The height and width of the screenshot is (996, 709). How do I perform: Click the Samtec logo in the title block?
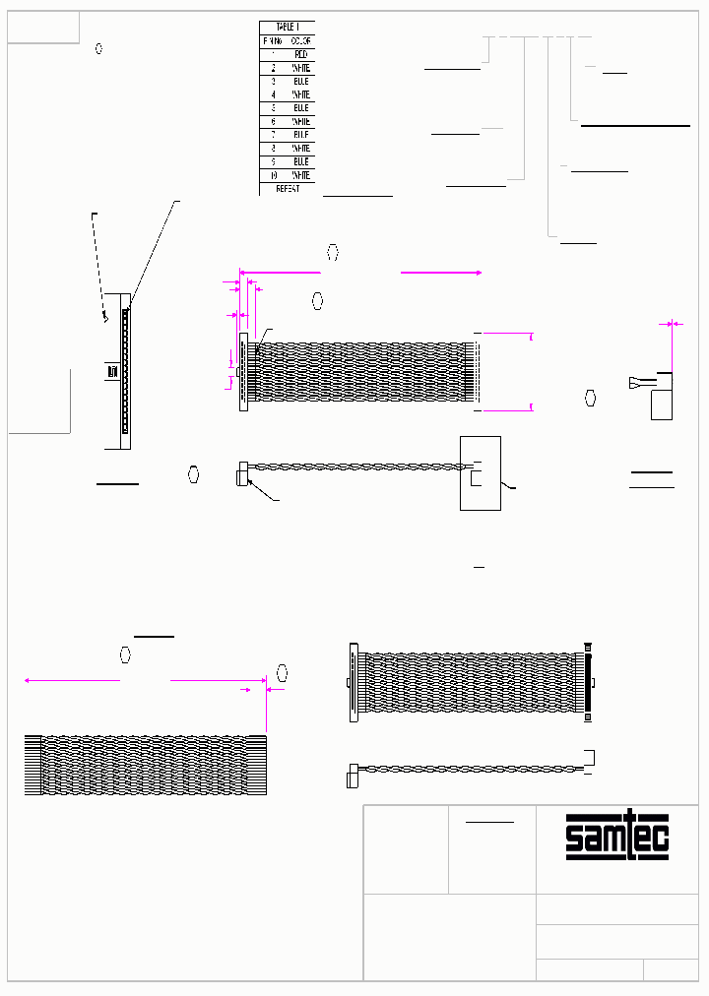pos(616,837)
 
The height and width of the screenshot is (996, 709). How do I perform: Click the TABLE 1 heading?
pos(287,28)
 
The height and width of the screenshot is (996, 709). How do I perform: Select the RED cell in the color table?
pos(300,54)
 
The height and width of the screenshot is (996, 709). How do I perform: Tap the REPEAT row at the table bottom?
pos(287,188)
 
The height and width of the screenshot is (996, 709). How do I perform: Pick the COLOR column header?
pos(300,41)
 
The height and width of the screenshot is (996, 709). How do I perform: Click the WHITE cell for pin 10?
pos(300,175)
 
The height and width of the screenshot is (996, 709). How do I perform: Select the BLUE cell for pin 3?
pos(300,82)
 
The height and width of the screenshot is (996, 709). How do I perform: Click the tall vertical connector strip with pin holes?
pos(125,371)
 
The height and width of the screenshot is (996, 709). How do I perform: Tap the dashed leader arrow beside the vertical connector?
pos(98,266)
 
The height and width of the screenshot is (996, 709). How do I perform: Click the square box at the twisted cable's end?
pos(481,473)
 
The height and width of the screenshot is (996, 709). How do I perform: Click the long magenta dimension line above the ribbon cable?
pos(360,273)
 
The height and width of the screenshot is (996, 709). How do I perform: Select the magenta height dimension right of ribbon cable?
pos(532,371)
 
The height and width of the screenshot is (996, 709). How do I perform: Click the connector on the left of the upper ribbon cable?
pos(243,371)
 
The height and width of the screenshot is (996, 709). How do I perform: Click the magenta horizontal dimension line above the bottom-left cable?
pos(144,679)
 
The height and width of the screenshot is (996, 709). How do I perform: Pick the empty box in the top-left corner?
pos(43,28)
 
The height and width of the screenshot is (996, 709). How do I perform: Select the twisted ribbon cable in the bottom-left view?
pos(144,765)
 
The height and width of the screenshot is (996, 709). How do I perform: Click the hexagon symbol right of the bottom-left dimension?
pos(283,673)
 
